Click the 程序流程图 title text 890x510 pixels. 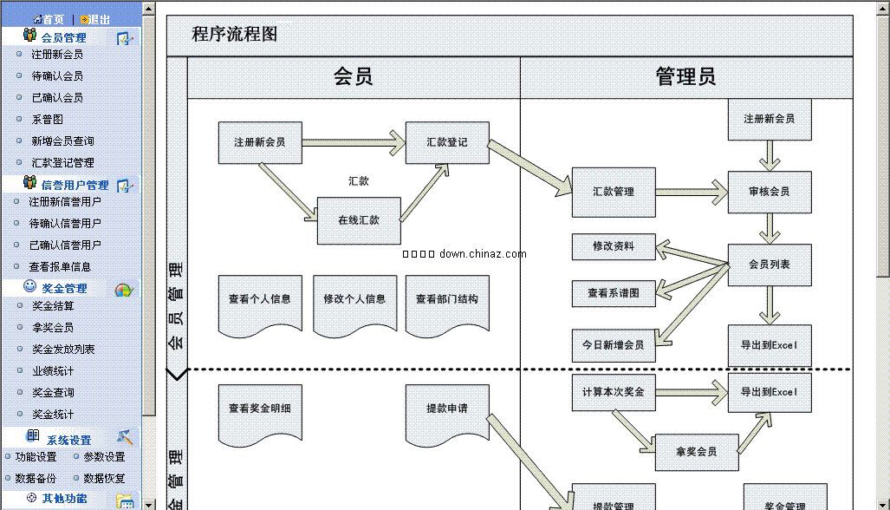234,35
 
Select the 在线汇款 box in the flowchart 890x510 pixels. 359,220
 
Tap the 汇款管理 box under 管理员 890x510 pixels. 614,192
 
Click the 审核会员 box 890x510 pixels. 770,192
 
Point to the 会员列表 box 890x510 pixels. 770,265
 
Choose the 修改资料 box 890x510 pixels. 614,246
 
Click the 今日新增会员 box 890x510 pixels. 614,345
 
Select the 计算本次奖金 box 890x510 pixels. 614,392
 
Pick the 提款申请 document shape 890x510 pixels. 447,409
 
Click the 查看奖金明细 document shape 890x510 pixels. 260,409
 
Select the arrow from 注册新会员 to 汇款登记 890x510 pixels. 354,142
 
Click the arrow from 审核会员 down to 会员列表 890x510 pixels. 770,228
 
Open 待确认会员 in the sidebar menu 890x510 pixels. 57,76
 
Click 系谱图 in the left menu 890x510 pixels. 48,120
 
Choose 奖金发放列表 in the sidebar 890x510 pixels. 63,350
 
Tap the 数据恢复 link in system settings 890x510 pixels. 104,479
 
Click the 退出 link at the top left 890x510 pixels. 99,19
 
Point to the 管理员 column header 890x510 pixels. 686,77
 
